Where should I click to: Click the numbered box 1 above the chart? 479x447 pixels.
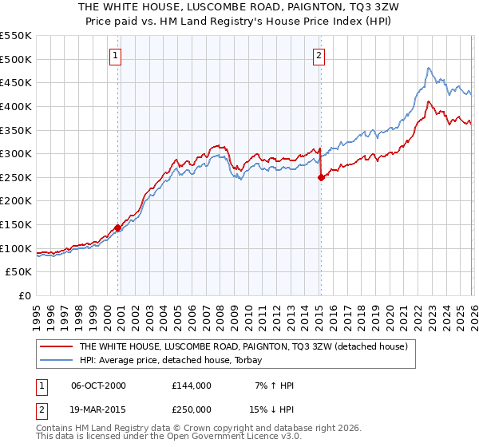(x=116, y=56)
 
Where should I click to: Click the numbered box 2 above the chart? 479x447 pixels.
(x=319, y=56)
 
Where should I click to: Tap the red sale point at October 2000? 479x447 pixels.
(x=118, y=227)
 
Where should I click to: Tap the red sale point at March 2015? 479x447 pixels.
(x=321, y=178)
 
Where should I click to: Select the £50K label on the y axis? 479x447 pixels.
(x=19, y=272)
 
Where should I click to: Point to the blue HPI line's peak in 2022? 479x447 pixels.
(x=429, y=68)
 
